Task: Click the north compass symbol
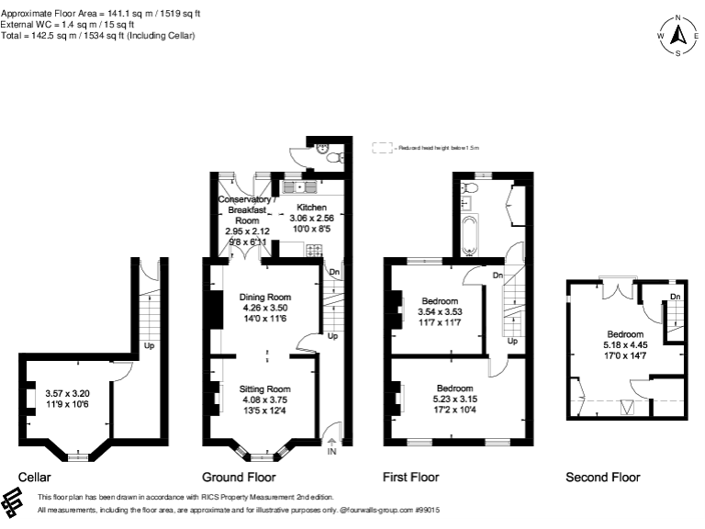677,36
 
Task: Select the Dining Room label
264,297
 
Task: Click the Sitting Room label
264,389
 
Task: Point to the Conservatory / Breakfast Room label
245,209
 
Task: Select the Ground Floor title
239,478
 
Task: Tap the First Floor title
410,478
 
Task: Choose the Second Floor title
602,478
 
